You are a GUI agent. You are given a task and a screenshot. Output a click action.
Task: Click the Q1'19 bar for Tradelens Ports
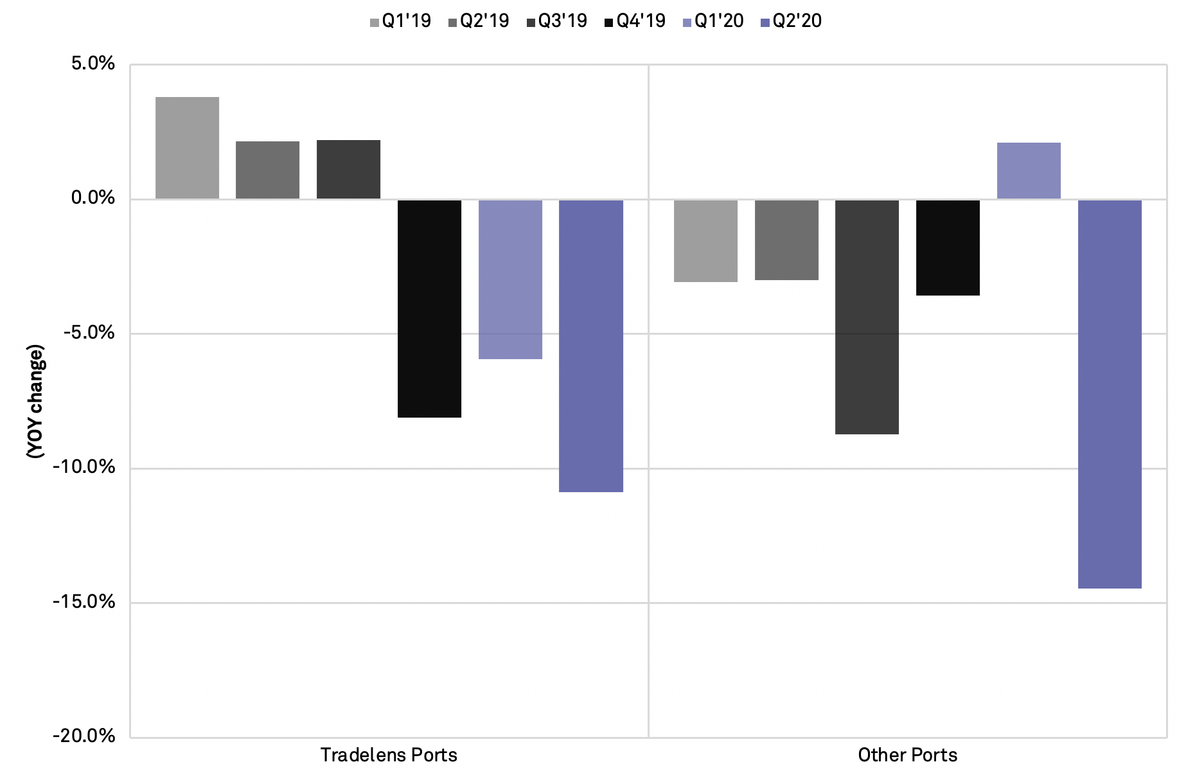click(x=187, y=148)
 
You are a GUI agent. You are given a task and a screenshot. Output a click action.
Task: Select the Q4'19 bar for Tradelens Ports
click(x=429, y=308)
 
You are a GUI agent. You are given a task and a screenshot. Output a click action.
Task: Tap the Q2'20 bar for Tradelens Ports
click(x=591, y=346)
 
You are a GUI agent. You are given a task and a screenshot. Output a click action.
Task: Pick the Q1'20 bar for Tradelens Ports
click(x=510, y=279)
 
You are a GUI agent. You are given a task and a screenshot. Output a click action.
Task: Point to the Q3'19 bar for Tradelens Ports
click(x=348, y=169)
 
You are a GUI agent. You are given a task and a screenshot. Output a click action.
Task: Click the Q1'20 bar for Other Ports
click(x=1029, y=170)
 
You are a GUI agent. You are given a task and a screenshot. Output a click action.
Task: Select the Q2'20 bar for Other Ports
click(x=1110, y=393)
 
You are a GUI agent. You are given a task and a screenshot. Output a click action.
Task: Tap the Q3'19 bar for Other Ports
click(x=867, y=317)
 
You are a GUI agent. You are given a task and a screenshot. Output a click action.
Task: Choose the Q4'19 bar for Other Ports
click(x=948, y=247)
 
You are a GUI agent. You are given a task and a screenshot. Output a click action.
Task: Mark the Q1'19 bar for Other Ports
click(x=705, y=240)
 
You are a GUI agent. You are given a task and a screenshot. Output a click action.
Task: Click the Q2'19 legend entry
click(x=478, y=21)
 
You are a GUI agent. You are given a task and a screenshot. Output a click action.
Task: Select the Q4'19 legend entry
click(x=635, y=21)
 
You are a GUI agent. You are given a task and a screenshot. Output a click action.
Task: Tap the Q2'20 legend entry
click(x=791, y=21)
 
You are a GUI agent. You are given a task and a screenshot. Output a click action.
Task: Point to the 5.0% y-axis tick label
click(x=94, y=64)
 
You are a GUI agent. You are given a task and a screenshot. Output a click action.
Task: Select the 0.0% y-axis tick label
click(x=94, y=198)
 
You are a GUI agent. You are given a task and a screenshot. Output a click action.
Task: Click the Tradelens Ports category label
click(x=389, y=755)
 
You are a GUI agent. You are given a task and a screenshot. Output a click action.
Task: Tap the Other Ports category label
click(x=907, y=755)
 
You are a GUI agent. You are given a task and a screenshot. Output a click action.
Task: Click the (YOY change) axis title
click(x=35, y=402)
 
